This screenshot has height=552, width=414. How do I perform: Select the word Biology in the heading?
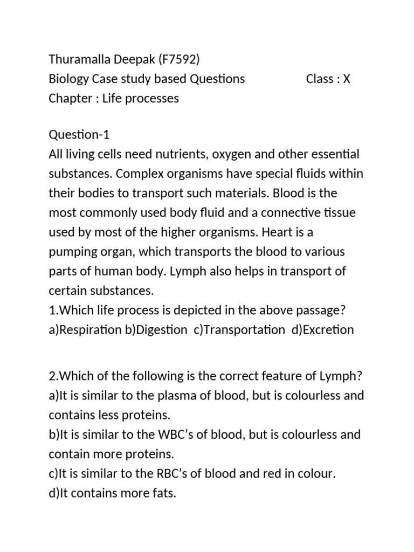[x=68, y=79]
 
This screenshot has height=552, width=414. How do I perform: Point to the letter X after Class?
[x=347, y=79]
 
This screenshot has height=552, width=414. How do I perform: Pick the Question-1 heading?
[x=79, y=135]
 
